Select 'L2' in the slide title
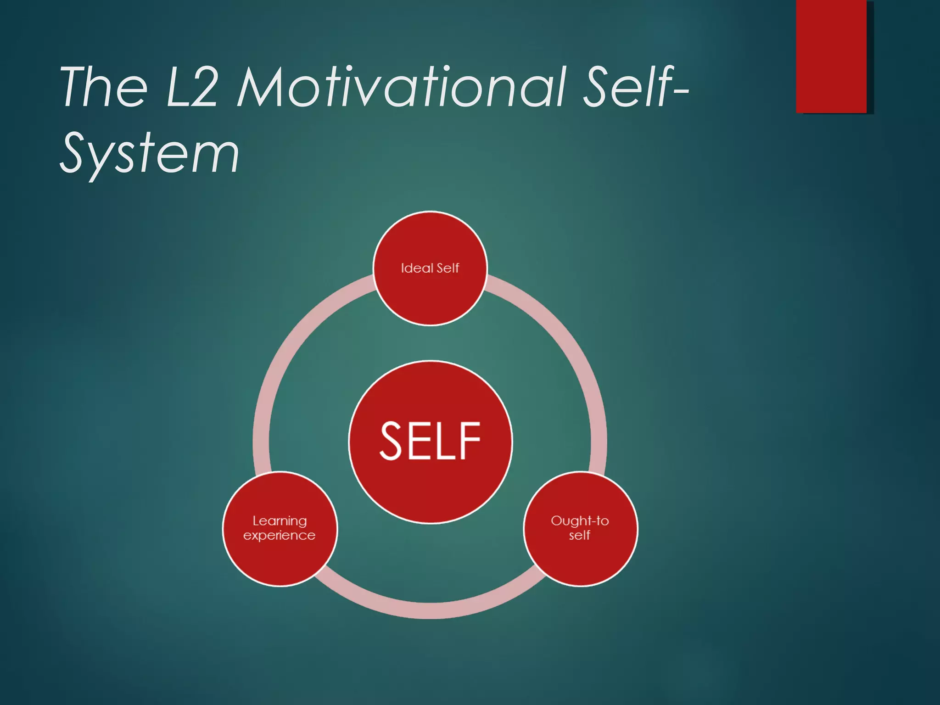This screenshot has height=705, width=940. pos(192,87)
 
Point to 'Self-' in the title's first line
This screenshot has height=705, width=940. pos(636,87)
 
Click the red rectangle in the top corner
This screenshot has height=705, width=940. pos(831,56)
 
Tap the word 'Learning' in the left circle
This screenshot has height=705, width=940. pos(280,521)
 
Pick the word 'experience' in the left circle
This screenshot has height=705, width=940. pos(280,536)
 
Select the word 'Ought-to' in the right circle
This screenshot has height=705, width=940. pos(580,521)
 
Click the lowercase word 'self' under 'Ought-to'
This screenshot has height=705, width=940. pos(580,536)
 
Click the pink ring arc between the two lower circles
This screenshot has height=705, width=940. pos(430,610)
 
